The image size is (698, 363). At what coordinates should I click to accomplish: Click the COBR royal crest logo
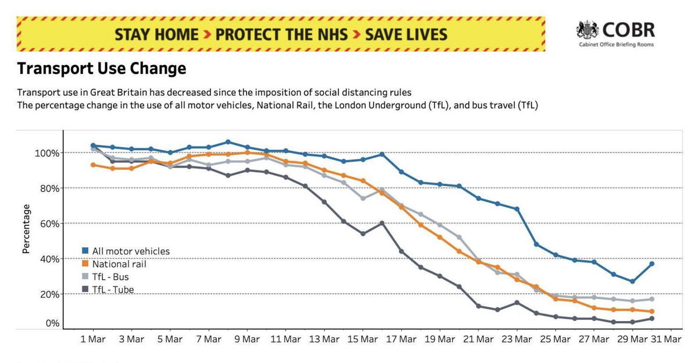[x=587, y=30]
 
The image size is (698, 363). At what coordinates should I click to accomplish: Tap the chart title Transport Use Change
[x=102, y=69]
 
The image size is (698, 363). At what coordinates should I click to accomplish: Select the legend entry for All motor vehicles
[x=126, y=251]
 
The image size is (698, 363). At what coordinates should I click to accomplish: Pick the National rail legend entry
[x=114, y=264]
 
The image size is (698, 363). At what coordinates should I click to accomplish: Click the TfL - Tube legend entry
[x=108, y=290]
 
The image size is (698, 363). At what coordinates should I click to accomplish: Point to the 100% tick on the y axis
[x=47, y=153]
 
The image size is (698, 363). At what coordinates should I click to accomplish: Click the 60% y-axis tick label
[x=49, y=224]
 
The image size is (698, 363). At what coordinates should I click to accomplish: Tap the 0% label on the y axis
[x=52, y=323]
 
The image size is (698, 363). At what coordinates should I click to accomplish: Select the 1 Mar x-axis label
[x=93, y=339]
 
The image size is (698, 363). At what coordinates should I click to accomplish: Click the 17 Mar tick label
[x=401, y=339]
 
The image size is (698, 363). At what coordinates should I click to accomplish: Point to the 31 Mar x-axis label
[x=666, y=339]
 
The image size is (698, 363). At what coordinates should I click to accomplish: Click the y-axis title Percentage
[x=26, y=229]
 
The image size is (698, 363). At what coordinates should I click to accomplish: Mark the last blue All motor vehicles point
[x=651, y=264]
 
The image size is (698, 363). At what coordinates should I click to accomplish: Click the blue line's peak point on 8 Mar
[x=228, y=142]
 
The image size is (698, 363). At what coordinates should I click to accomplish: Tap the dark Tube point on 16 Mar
[x=382, y=223]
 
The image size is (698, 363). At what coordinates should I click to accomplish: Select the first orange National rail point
[x=93, y=165]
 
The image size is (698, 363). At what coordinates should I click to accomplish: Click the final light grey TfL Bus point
[x=651, y=299]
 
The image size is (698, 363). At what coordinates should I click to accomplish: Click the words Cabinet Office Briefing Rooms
[x=617, y=45]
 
